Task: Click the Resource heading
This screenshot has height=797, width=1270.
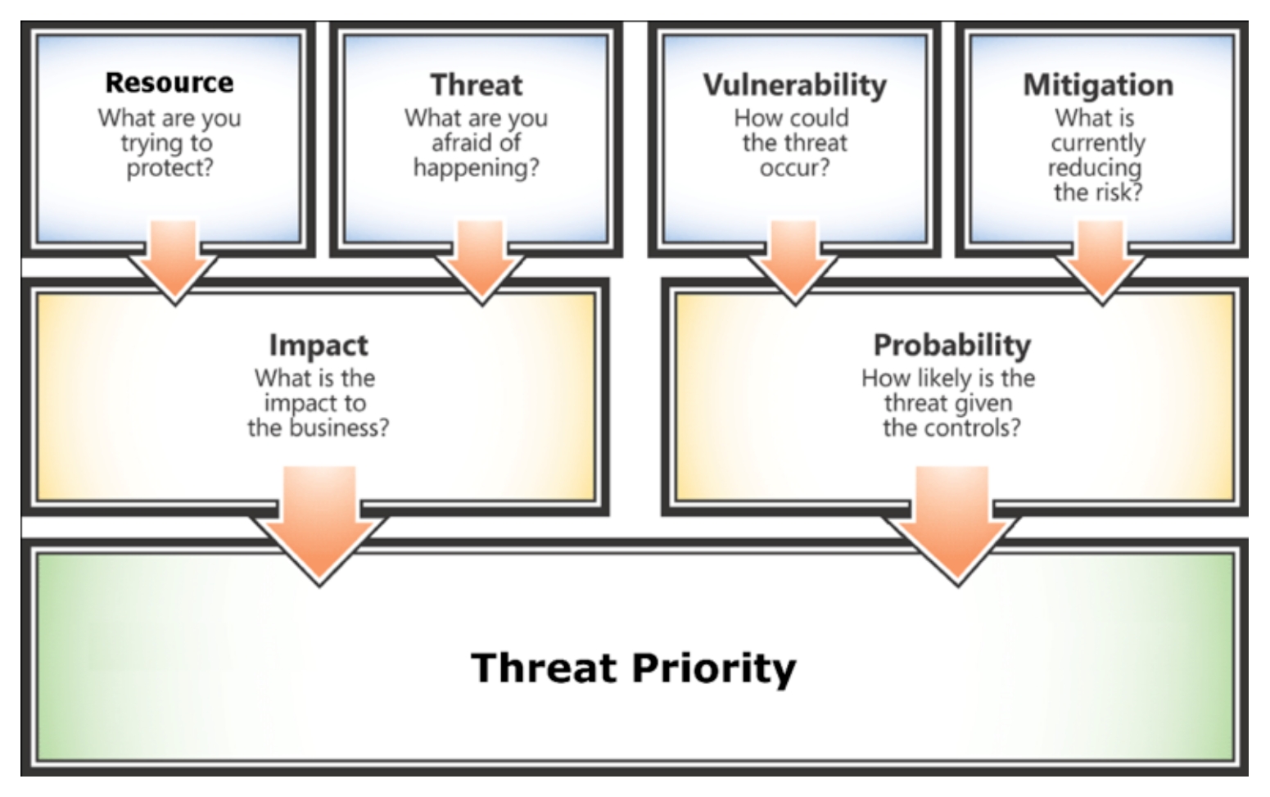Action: (x=169, y=83)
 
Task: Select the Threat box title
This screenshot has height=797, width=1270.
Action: (x=477, y=85)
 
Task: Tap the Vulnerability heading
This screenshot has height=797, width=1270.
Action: (x=795, y=86)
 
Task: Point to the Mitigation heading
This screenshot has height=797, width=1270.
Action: (x=1098, y=86)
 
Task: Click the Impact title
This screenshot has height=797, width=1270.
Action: (x=319, y=346)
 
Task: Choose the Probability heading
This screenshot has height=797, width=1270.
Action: (x=952, y=346)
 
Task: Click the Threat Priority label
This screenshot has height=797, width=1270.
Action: (x=633, y=668)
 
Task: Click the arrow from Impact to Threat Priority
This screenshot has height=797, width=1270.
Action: (x=319, y=525)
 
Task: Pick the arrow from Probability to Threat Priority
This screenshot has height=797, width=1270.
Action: (x=952, y=525)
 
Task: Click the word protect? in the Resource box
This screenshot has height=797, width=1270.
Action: (x=169, y=169)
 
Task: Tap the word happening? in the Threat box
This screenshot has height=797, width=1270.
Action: (x=477, y=169)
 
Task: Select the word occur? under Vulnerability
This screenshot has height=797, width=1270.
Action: (x=795, y=168)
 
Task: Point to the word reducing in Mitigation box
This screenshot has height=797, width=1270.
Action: (x=1095, y=169)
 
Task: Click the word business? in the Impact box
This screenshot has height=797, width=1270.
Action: (x=339, y=428)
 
